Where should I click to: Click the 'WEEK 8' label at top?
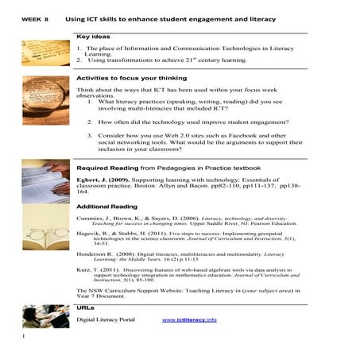pyautogui.click(x=37, y=17)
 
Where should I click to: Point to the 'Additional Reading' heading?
pyautogui.click(x=106, y=206)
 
